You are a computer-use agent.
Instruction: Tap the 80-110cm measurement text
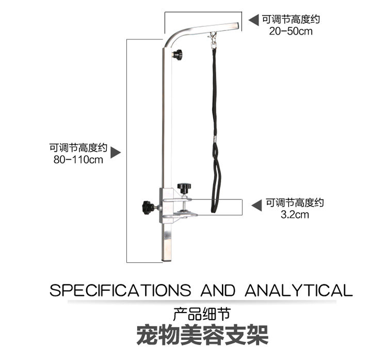(x=78, y=160)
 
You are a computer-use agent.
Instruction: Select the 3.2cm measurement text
(x=295, y=214)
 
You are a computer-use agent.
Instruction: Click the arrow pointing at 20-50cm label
(x=254, y=20)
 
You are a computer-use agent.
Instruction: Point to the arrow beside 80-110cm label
(x=116, y=152)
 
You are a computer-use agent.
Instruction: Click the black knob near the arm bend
(x=178, y=54)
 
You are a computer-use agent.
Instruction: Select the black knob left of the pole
(x=147, y=208)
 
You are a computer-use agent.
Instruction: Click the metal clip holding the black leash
(x=212, y=39)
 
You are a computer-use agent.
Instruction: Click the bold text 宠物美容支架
(x=202, y=335)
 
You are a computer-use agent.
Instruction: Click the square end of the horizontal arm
(x=236, y=26)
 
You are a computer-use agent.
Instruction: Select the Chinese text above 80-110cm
(x=78, y=147)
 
